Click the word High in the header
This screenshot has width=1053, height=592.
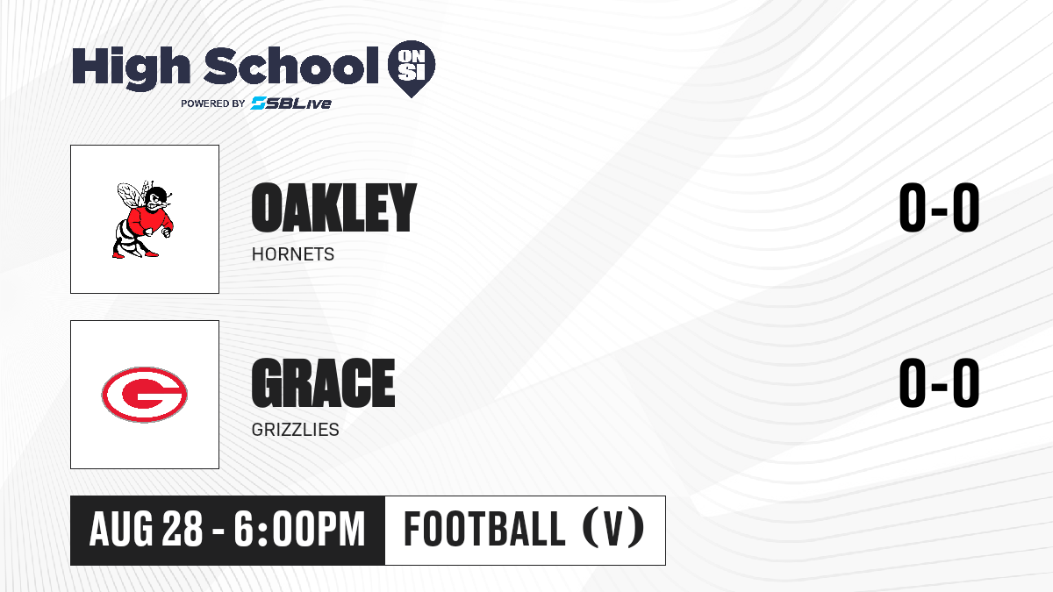coord(131,68)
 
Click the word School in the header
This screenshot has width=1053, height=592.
coord(291,65)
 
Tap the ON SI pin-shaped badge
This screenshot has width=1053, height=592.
coord(412,68)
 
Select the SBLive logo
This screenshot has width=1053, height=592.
coord(291,103)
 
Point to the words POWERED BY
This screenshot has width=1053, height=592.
coord(213,103)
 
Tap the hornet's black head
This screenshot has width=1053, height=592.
coord(157,199)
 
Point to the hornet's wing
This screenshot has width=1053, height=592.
coord(130,197)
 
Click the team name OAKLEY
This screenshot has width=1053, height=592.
coord(334,208)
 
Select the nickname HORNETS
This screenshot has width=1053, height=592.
coord(293,254)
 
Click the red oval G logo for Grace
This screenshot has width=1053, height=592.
coord(144,394)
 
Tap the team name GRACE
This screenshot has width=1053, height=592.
coord(324,382)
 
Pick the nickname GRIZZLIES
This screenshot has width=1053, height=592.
coord(295,430)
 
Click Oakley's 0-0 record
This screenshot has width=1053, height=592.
coord(939,207)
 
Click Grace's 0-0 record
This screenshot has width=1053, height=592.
coord(939,382)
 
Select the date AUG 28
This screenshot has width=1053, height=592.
coord(147,530)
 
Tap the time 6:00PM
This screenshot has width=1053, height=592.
coord(300,530)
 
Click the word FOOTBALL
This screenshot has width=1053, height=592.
coord(484,529)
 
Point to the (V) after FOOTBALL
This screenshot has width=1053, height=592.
coord(613,528)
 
